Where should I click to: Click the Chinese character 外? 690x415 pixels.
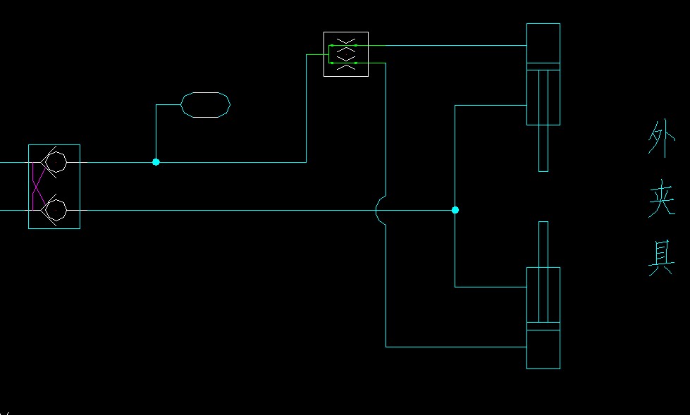pyautogui.click(x=661, y=140)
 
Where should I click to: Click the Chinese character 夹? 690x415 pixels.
pyautogui.click(x=661, y=199)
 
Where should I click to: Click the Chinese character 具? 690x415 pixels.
pyautogui.click(x=661, y=257)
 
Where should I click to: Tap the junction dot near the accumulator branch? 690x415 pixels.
pyautogui.click(x=156, y=162)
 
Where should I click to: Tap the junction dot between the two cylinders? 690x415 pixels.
pyautogui.click(x=455, y=210)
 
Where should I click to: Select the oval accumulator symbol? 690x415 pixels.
pyautogui.click(x=206, y=105)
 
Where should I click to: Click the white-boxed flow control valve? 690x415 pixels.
pyautogui.click(x=345, y=54)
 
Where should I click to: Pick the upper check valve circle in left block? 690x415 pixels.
pyautogui.click(x=56, y=162)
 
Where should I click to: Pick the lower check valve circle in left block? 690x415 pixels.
pyautogui.click(x=56, y=210)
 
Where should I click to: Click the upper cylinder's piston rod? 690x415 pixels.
pyautogui.click(x=543, y=151)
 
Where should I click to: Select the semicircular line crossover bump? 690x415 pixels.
pyautogui.click(x=381, y=210)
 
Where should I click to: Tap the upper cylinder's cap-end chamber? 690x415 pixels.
pyautogui.click(x=543, y=43)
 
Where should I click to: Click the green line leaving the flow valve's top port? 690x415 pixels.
pyautogui.click(x=437, y=45)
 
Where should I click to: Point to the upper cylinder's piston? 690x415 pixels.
pyautogui.click(x=543, y=67)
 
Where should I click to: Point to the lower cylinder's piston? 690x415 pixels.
pyautogui.click(x=543, y=326)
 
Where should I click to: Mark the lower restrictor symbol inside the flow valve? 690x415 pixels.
pyautogui.click(x=345, y=63)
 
